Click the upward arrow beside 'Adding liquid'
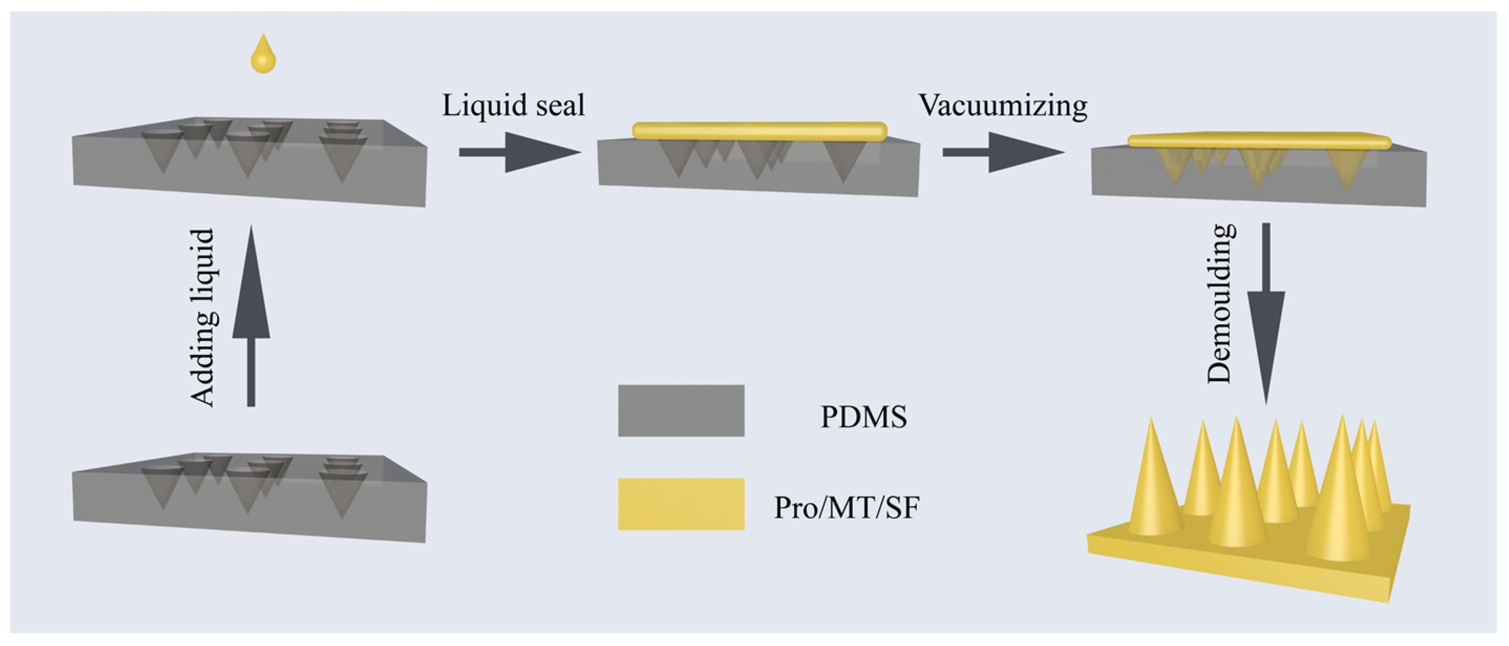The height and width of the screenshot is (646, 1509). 251,317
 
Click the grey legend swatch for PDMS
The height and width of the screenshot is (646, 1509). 681,410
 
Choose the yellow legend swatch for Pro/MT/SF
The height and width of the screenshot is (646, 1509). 681,504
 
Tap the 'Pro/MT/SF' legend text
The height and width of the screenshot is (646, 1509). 847,508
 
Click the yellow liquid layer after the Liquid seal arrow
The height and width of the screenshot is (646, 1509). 759,131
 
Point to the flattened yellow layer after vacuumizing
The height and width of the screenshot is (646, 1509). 1259,141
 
